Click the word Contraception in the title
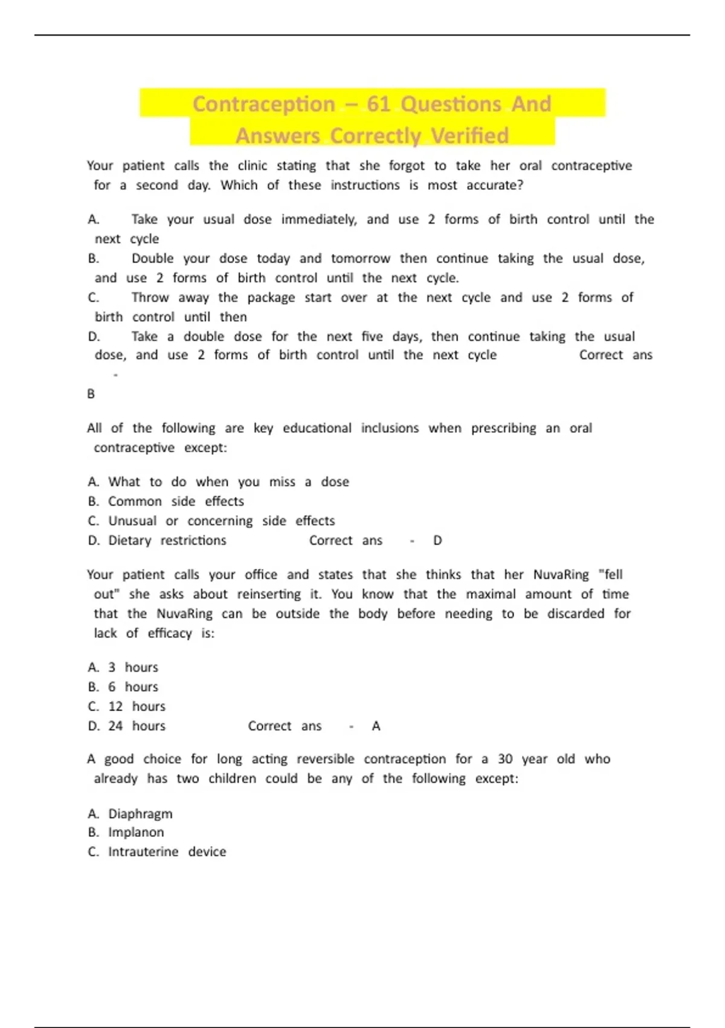263,104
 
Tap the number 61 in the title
379,104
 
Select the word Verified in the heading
470,136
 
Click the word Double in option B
152,259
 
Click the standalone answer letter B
91,394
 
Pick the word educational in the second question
317,428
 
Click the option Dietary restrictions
167,541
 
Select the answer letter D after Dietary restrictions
438,541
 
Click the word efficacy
170,633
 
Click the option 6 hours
133,687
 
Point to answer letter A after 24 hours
376,726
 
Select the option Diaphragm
140,814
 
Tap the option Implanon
136,833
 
